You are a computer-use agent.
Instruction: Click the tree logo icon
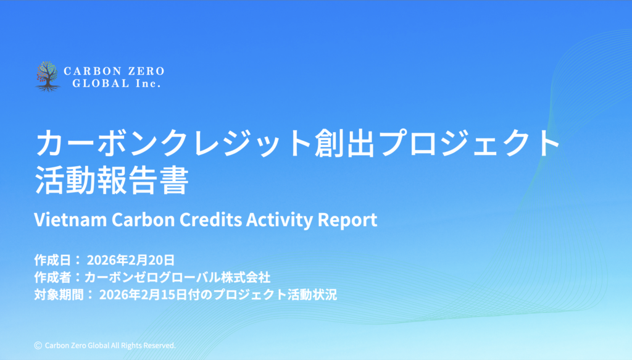point(48,77)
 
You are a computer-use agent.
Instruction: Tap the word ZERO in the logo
point(146,72)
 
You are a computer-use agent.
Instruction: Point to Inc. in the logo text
point(148,83)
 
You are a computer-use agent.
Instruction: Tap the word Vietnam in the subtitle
point(70,220)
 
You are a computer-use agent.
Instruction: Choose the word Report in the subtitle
point(347,220)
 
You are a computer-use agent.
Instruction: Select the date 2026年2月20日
point(131,260)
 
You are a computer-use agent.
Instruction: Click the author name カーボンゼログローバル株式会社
point(177,277)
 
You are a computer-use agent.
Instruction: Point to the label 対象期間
point(59,295)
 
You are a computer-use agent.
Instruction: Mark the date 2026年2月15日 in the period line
point(143,295)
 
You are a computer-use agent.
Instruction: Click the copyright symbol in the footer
point(38,345)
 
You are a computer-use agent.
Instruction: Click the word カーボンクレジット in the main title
point(174,143)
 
